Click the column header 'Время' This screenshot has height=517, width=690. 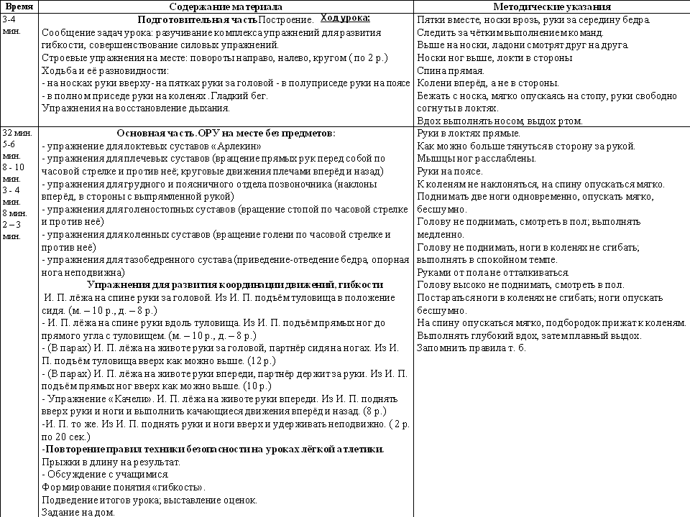[19, 6]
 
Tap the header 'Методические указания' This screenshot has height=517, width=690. [551, 6]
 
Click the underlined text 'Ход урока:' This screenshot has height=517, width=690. [344, 17]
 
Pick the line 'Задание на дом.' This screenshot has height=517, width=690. [78, 513]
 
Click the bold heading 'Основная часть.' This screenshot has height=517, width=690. [153, 133]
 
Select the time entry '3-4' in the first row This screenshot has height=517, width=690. [11, 19]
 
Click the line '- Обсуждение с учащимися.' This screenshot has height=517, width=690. [106, 475]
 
